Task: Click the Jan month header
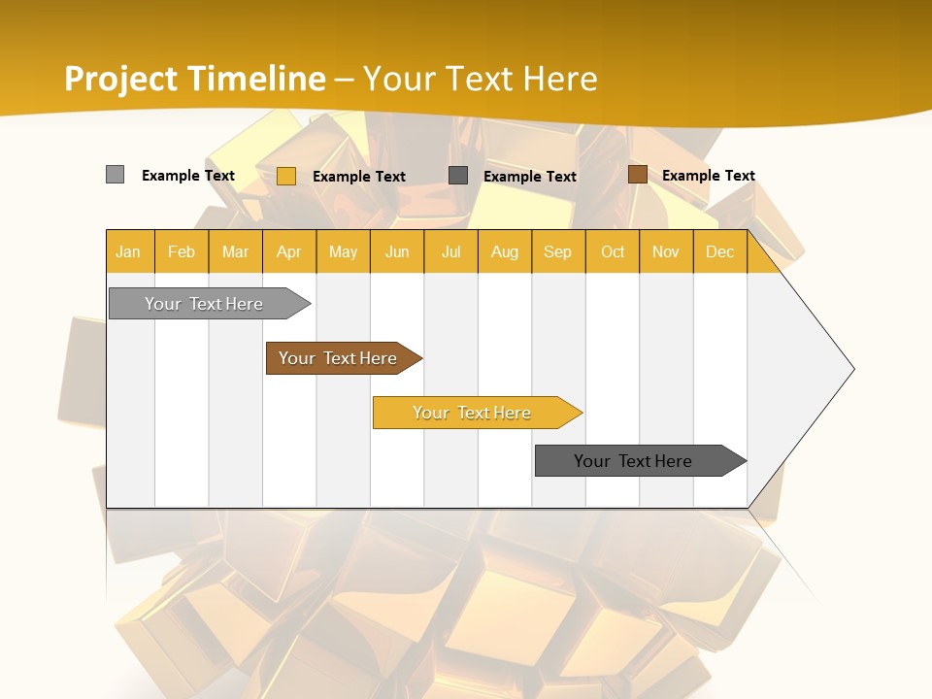coord(129,251)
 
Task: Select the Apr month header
coord(289,251)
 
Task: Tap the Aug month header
coord(505,251)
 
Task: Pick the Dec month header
coord(720,251)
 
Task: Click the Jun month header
coord(397,251)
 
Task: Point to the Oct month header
coord(613,251)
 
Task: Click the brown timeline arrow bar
coord(340,358)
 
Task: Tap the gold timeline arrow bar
coord(474,413)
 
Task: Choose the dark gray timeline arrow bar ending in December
coord(636,461)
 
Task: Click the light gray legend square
coord(115,175)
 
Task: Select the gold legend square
coord(285,176)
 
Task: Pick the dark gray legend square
coord(458,176)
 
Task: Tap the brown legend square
coord(637,175)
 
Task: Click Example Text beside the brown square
coord(708,176)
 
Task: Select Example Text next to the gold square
coord(358,177)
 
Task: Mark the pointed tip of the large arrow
coord(852,369)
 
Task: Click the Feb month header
coord(182,251)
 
